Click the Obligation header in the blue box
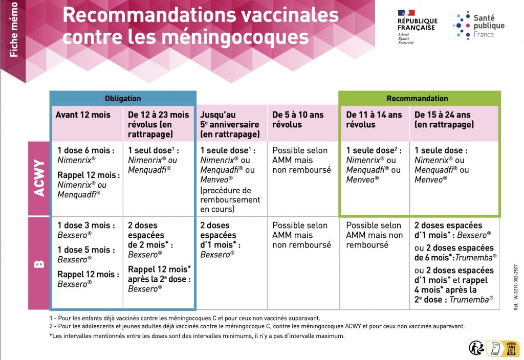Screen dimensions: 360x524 (x=123, y=98)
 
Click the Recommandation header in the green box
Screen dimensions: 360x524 (x=417, y=98)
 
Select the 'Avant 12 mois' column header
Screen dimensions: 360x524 (x=83, y=115)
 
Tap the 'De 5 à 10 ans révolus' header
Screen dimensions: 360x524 (x=298, y=120)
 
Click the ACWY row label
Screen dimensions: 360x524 (x=39, y=178)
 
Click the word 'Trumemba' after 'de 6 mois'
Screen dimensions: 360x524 (x=478, y=257)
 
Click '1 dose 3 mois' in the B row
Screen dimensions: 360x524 (x=86, y=225)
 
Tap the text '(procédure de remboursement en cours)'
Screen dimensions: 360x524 (x=230, y=200)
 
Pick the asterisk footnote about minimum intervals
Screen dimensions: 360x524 (x=197, y=336)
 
